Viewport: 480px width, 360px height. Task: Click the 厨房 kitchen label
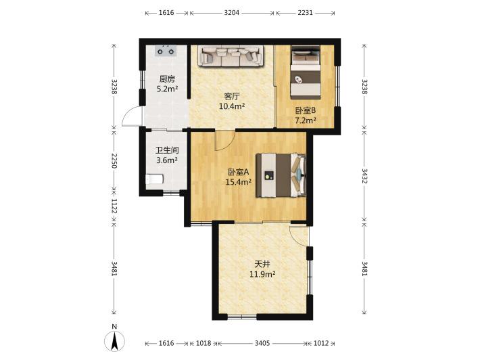coord(167,79)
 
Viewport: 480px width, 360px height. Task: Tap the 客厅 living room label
coord(232,97)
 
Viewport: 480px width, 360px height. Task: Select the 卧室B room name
coord(306,110)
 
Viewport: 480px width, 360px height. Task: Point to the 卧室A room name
coord(239,172)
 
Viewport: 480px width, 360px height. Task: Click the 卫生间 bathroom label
coord(167,150)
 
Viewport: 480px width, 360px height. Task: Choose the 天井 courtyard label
coord(262,264)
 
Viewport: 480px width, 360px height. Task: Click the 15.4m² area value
coord(239,182)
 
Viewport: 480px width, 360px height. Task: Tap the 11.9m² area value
coord(262,274)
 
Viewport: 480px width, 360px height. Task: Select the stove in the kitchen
coord(166,51)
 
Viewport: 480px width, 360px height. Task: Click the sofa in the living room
coord(231,55)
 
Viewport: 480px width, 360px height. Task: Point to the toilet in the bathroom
coord(154,179)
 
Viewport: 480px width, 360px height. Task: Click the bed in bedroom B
coord(306,72)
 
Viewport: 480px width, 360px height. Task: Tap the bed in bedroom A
coord(281,175)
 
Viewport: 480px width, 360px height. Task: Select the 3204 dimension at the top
coord(232,13)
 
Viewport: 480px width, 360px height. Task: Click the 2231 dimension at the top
coord(305,13)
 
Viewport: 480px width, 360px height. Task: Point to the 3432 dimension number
coord(364,176)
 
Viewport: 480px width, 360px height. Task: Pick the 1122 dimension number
coord(114,206)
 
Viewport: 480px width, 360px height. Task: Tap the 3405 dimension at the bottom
coord(262,343)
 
